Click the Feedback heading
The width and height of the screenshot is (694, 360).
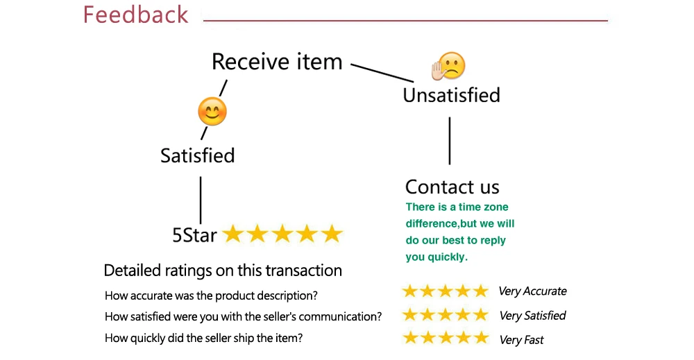point(135,15)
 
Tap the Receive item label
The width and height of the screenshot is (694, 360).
point(277,62)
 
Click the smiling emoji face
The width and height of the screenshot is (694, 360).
point(212,112)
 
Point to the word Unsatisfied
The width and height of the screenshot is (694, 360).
point(451,94)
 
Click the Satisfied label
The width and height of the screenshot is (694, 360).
point(198,155)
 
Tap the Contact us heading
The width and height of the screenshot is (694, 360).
point(452,187)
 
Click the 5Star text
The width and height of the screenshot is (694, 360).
point(194,235)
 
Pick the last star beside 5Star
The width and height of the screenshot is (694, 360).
point(332,234)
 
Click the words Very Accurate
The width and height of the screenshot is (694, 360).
point(532,291)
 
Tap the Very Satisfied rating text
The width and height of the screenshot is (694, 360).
point(532,316)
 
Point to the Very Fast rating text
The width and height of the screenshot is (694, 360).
point(521,340)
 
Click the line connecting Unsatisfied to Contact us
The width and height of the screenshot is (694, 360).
point(450,141)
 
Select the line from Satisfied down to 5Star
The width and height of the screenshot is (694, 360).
point(201,200)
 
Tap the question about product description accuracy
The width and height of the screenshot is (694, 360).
point(211,295)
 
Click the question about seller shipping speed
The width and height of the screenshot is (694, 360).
point(203,338)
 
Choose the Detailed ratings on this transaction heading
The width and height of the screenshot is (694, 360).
point(223,271)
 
